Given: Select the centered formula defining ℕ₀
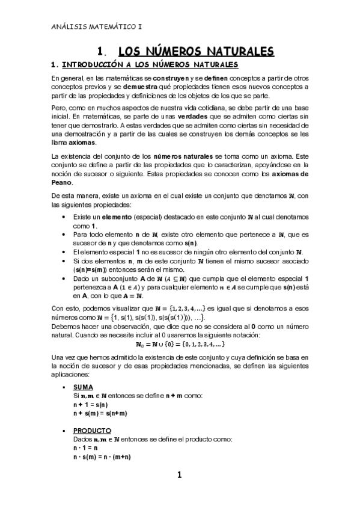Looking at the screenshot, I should (180, 345).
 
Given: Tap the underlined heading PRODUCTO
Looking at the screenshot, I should (92, 431).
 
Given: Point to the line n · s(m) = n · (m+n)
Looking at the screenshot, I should (102, 457).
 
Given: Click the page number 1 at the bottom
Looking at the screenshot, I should (179, 476).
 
